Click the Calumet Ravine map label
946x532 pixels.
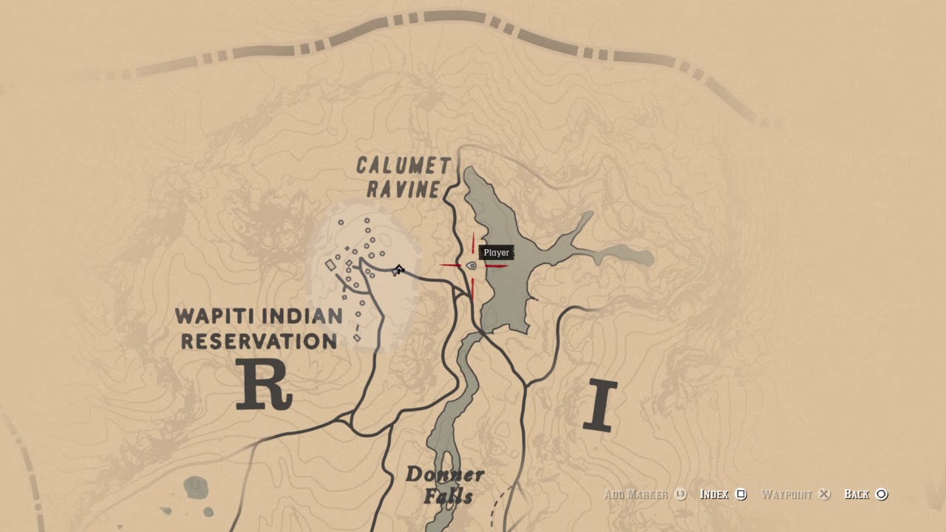[x=403, y=177]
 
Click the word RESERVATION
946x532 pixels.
[x=259, y=341]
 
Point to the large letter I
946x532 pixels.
[x=599, y=406]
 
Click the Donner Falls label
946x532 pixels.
[x=445, y=485]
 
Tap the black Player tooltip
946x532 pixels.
[x=496, y=253]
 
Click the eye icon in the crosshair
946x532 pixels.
[x=472, y=266]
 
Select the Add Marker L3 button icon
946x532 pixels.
[x=681, y=494]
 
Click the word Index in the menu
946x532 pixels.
[x=714, y=494]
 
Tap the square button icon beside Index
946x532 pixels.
[x=742, y=494]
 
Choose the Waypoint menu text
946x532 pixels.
[x=786, y=494]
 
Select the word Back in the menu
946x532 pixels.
[x=857, y=494]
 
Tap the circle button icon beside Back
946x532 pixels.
[x=881, y=494]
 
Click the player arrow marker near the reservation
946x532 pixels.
[x=398, y=270]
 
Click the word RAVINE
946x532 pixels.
[x=404, y=189]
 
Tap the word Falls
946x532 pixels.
[x=448, y=496]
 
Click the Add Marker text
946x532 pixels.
[x=636, y=494]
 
